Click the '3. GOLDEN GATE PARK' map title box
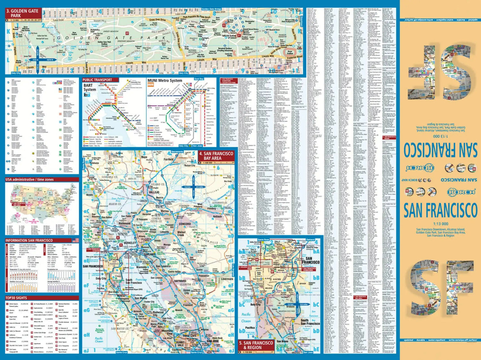tap(22, 13)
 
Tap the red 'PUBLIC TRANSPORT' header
tap(97, 80)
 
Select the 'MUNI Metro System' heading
tap(165, 81)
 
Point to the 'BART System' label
tap(89, 88)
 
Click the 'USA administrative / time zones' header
tap(30, 180)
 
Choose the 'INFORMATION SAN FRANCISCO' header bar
tap(29, 240)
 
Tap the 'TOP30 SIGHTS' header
tap(16, 298)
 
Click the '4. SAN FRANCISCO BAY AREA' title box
tap(216, 156)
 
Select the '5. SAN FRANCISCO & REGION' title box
tap(256, 345)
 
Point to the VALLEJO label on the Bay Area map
tap(154, 192)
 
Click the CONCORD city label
tap(184, 224)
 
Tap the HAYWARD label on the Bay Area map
tap(180, 281)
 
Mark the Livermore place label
tap(227, 279)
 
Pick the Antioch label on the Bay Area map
tap(217, 216)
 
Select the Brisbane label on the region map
tap(291, 307)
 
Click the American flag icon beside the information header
tap(75, 240)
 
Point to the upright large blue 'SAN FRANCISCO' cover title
tap(440, 211)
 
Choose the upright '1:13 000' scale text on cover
tap(440, 224)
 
